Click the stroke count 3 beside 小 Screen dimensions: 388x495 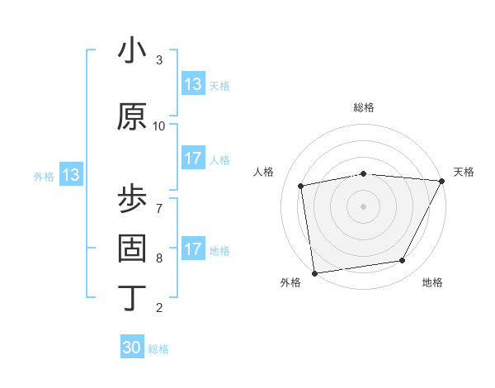tap(158, 60)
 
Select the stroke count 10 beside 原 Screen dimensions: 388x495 tap(159, 126)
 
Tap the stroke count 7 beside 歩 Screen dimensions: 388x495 tap(158, 201)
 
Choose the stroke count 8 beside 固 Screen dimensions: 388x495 tap(158, 258)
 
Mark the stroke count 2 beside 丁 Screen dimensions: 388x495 tap(158, 308)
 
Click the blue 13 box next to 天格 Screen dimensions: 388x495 tap(193, 84)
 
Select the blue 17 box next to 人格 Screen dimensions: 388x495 tap(193, 159)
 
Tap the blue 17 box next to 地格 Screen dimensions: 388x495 tap(193, 249)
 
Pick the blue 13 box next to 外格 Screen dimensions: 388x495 tap(70, 175)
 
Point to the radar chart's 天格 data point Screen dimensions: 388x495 tap(441, 181)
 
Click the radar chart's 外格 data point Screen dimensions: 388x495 tap(314, 272)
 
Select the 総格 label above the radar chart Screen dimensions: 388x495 tap(364, 107)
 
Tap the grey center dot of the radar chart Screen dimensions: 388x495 tap(364, 206)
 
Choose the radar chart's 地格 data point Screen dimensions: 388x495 tap(403, 261)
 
